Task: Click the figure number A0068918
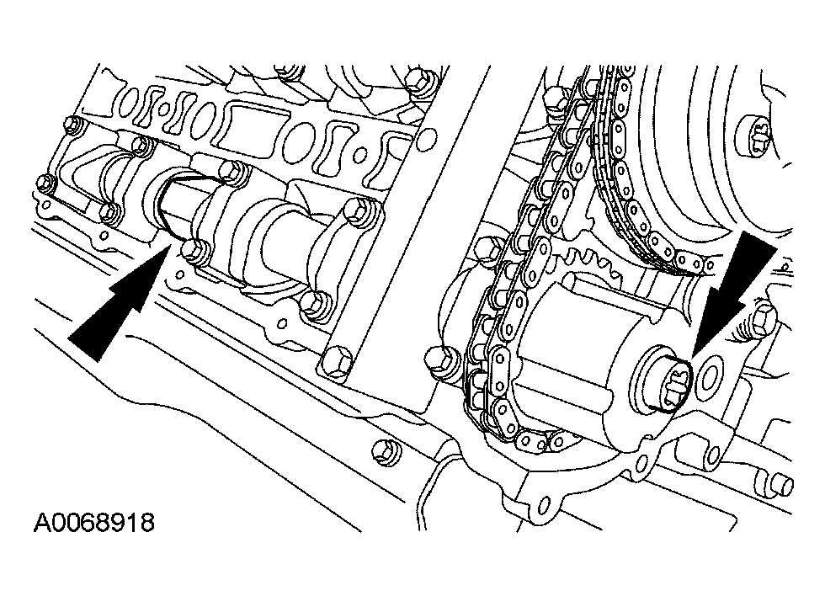(94, 523)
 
